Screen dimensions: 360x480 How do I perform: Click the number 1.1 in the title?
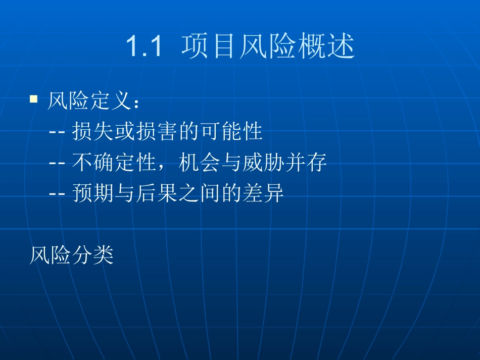pos(143,47)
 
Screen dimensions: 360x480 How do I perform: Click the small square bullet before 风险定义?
pos(34,98)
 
